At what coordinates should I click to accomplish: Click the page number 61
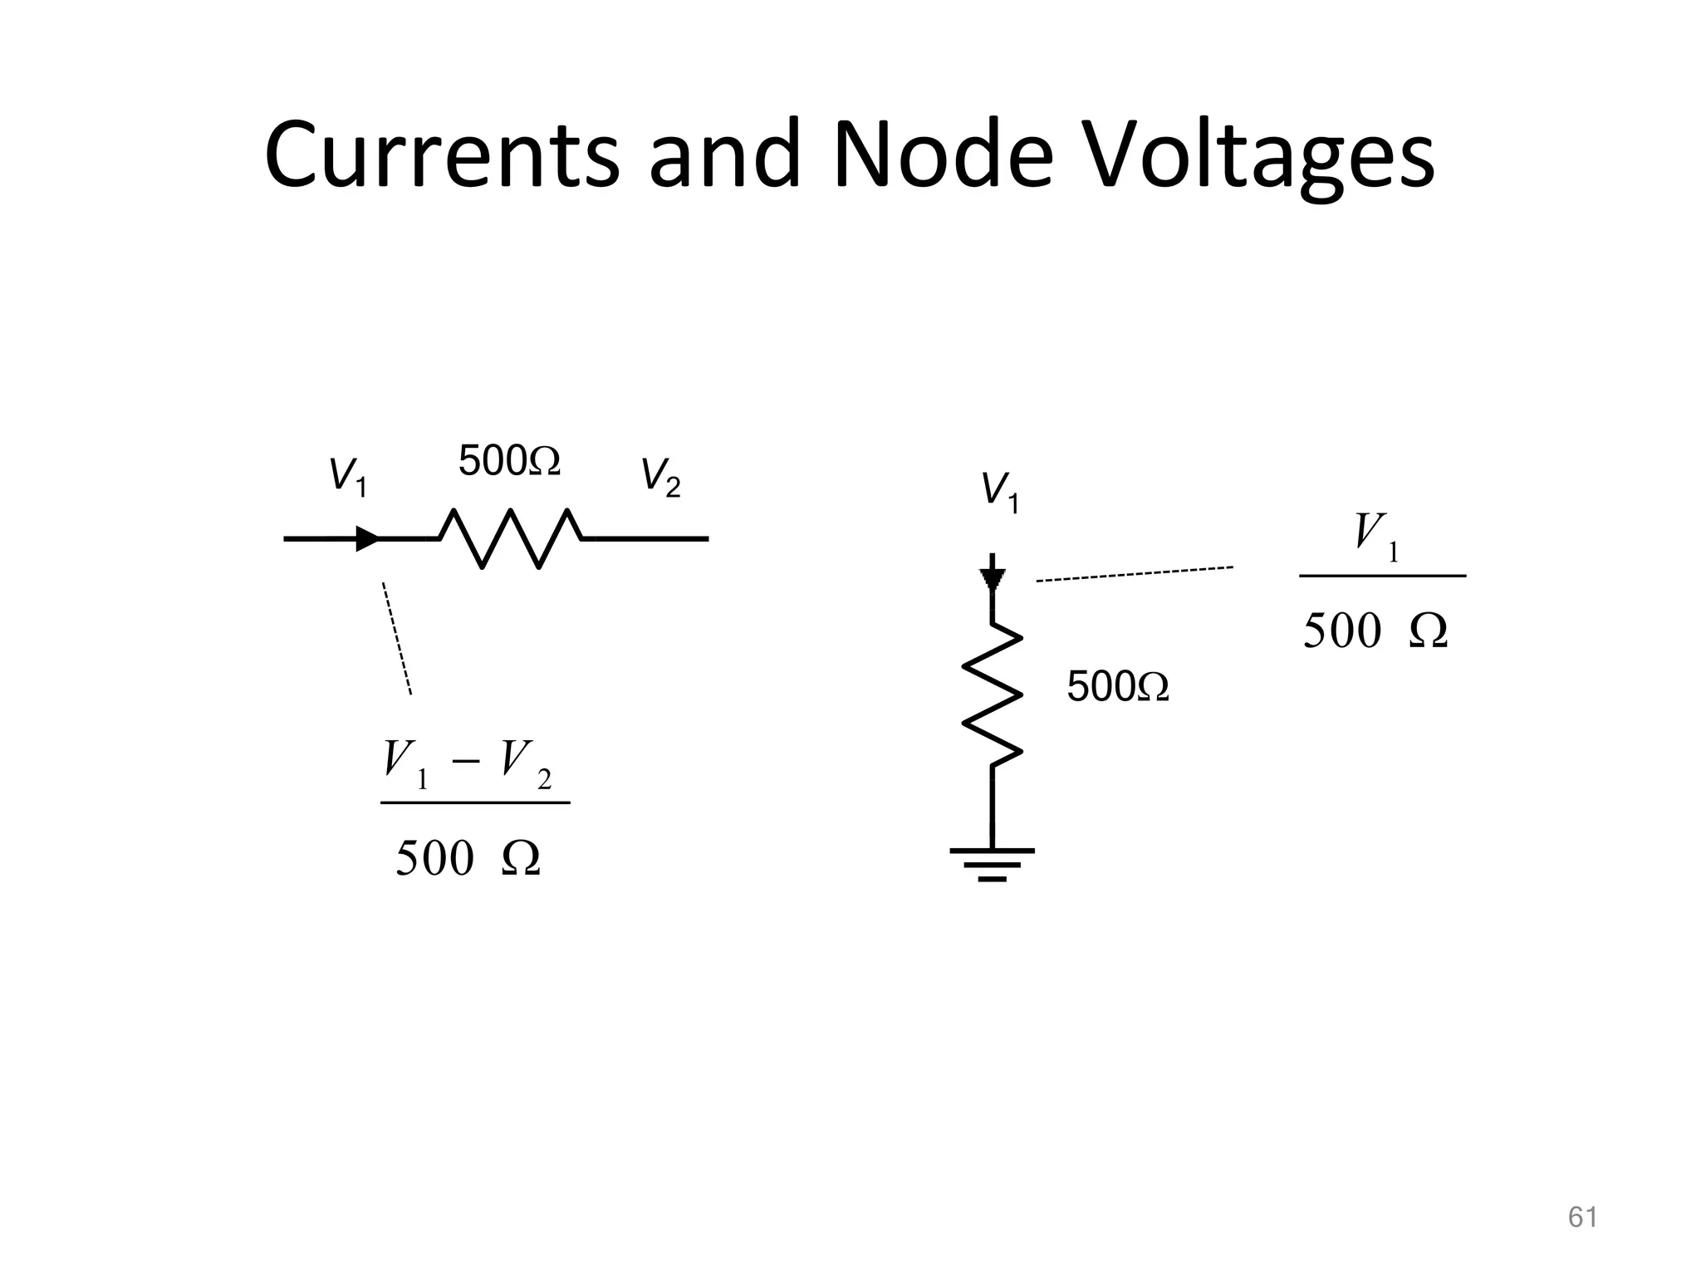pyautogui.click(x=1582, y=1217)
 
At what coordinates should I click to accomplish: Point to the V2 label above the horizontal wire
pyautogui.click(x=660, y=478)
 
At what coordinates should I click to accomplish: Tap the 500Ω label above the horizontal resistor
pyautogui.click(x=509, y=461)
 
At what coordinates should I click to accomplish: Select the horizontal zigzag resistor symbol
pyautogui.click(x=510, y=538)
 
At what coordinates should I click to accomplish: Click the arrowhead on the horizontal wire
pyautogui.click(x=368, y=538)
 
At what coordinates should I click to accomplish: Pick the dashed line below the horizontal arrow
pyautogui.click(x=397, y=638)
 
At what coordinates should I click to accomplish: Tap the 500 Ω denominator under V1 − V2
pyautogui.click(x=468, y=858)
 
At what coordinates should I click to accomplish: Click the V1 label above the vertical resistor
pyautogui.click(x=1000, y=492)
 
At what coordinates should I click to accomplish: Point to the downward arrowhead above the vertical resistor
pyautogui.click(x=993, y=578)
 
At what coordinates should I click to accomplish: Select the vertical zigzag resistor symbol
pyautogui.click(x=993, y=693)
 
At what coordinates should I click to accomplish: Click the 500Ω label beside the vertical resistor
pyautogui.click(x=1118, y=687)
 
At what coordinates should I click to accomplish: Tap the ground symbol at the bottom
pyautogui.click(x=993, y=864)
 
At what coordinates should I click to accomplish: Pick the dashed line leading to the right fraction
pyautogui.click(x=1134, y=574)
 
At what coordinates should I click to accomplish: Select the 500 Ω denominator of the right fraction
pyautogui.click(x=1375, y=631)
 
